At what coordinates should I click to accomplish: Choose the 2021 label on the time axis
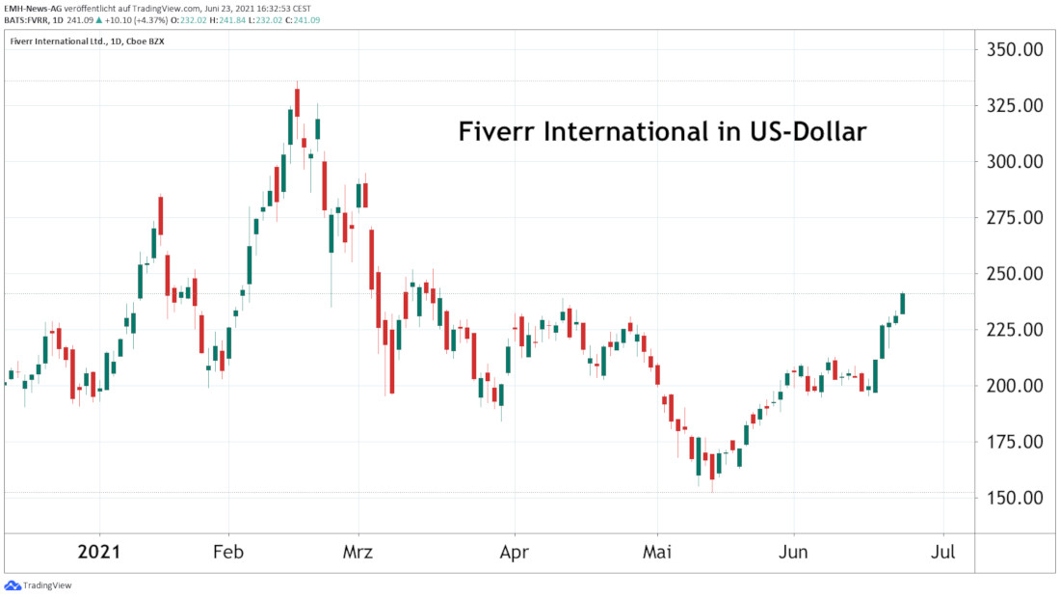click(98, 553)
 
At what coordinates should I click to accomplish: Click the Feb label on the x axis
click(228, 553)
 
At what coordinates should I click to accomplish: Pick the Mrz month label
click(358, 553)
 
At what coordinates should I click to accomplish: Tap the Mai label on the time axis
click(658, 553)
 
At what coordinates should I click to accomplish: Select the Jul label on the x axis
click(943, 553)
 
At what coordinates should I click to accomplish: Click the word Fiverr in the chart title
click(505, 132)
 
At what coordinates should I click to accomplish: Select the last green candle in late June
click(903, 303)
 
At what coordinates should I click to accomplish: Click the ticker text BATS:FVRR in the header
click(29, 19)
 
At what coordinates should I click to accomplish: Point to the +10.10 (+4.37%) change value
click(129, 19)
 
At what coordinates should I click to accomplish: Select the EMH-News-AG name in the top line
click(32, 8)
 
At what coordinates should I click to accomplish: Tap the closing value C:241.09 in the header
click(301, 19)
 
